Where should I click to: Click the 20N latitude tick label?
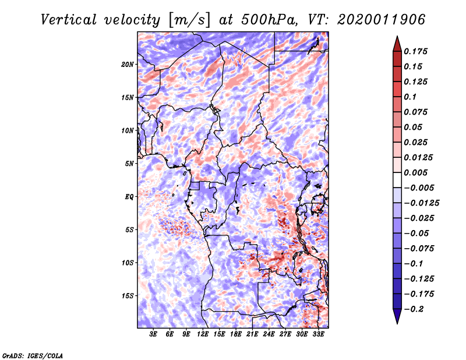pos(128,65)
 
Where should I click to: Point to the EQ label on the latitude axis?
pos(129,197)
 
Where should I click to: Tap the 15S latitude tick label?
pos(128,296)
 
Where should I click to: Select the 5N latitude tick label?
pos(129,164)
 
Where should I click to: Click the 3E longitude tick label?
pos(153,334)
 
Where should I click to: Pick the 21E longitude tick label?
pos(252,334)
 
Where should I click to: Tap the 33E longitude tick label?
pos(318,334)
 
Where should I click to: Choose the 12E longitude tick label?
pos(203,334)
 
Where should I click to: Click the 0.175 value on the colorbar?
pos(415,51)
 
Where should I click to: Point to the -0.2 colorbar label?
pos(414,309)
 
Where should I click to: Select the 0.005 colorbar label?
pos(415,172)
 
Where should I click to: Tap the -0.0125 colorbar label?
pos(421,203)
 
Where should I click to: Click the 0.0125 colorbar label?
pos(418,157)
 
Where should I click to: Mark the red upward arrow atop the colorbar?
pos(397,44)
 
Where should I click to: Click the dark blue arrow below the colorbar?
pos(397,316)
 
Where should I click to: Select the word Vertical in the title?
pos(69,20)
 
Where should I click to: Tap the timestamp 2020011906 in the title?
pos(381,20)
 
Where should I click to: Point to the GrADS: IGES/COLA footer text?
pos(33,355)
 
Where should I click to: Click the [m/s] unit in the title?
pos(189,20)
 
